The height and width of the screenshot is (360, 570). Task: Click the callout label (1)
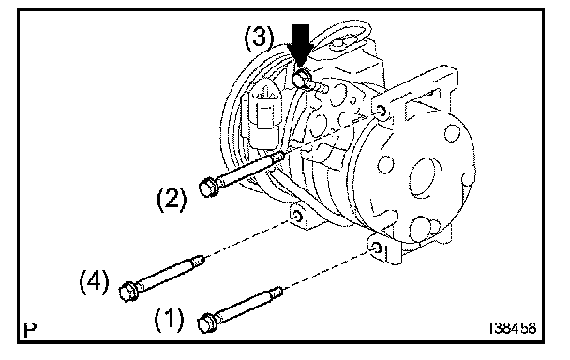[169, 320]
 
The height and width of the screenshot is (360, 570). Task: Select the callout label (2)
[172, 199]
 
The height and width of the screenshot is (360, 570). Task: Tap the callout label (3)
[259, 37]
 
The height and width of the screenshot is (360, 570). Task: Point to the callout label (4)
[94, 282]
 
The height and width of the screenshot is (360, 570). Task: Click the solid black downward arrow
[300, 44]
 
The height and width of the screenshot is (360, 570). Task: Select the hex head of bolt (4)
[128, 291]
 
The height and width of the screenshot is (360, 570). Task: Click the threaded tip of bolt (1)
[277, 291]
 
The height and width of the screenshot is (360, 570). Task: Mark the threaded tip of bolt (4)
[198, 261]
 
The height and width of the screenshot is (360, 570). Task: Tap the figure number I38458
[513, 328]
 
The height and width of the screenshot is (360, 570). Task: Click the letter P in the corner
[30, 330]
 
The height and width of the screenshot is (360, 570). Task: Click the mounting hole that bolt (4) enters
[296, 216]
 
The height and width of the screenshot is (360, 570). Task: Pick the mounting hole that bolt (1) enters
[377, 248]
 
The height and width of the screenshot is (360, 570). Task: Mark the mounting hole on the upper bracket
[381, 111]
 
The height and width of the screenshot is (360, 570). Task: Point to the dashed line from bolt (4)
[248, 238]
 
